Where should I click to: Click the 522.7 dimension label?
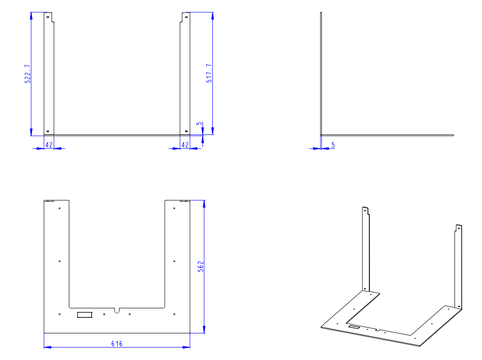pyautogui.click(x=27, y=74)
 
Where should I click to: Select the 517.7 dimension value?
pyautogui.click(x=209, y=73)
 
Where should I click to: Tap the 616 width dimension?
pyautogui.click(x=117, y=344)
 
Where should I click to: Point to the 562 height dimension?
pyautogui.click(x=200, y=267)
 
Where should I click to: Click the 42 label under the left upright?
pyautogui.click(x=49, y=145)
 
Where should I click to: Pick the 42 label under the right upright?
pyautogui.click(x=185, y=145)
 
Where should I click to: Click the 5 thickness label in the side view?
pyautogui.click(x=333, y=145)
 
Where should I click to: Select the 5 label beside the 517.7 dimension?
pyautogui.click(x=200, y=124)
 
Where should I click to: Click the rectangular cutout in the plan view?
pyautogui.click(x=85, y=315)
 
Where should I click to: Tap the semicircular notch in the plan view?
pyautogui.click(x=117, y=311)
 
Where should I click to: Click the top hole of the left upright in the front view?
pyautogui.click(x=48, y=17)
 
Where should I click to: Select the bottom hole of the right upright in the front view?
pyautogui.click(x=186, y=131)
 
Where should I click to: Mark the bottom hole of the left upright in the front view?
pyautogui.click(x=48, y=131)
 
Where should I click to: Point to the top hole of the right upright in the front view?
pyautogui.click(x=186, y=17)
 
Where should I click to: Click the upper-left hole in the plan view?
pyautogui.click(x=60, y=208)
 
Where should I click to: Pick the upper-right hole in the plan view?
pyautogui.click(x=174, y=208)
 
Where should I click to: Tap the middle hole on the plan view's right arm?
pyautogui.click(x=174, y=261)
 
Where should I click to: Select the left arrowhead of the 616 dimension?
pyautogui.click(x=48, y=347)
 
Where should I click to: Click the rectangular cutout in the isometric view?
pyautogui.click(x=354, y=327)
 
